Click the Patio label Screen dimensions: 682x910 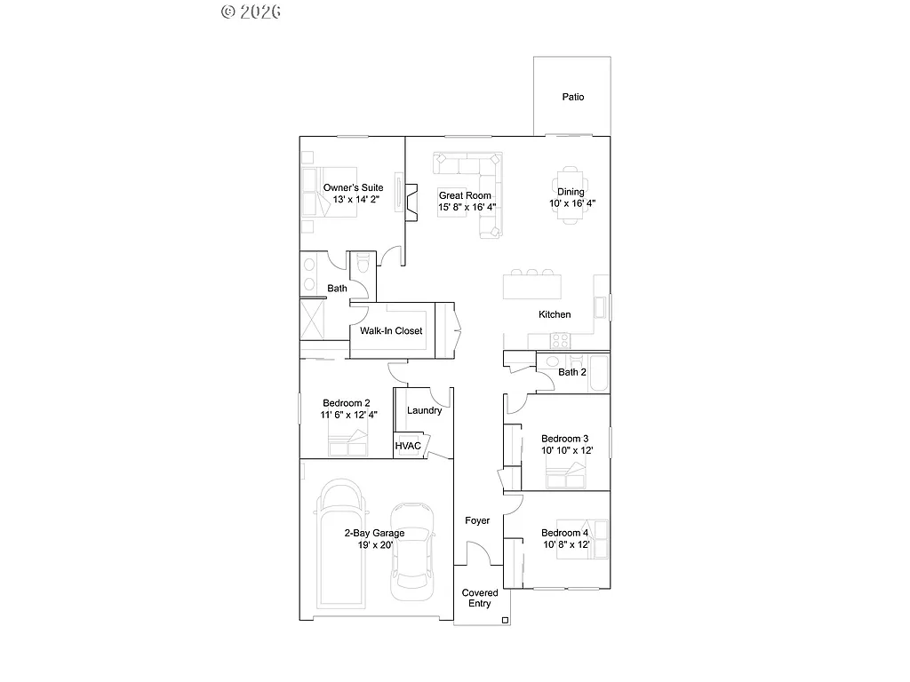tap(572, 97)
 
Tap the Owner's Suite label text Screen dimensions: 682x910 tap(353, 188)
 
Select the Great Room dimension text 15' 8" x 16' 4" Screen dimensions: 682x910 tap(467, 207)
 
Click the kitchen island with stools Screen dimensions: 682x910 tap(531, 285)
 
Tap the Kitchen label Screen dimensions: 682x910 tap(555, 314)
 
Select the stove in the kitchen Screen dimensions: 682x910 tap(560, 339)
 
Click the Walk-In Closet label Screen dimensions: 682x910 tap(391, 331)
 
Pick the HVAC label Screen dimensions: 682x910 tap(407, 446)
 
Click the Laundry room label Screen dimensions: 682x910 tap(424, 410)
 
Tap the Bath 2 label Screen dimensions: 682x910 tap(571, 372)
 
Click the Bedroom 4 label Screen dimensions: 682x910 tap(565, 533)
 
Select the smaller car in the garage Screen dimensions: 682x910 tap(412, 545)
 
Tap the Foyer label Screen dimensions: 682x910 tap(477, 520)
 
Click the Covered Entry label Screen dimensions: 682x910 tap(480, 598)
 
